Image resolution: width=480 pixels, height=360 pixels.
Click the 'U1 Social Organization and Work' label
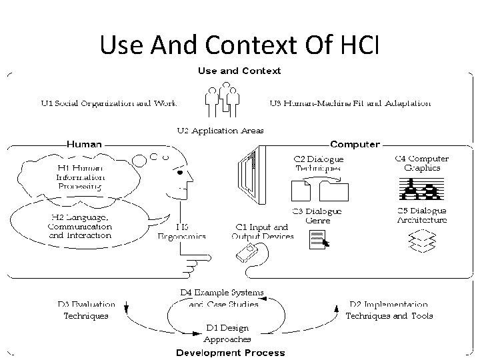tap(109, 103)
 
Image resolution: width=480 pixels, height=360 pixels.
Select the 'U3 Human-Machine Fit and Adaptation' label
tap(350, 103)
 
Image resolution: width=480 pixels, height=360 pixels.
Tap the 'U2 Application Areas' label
tap(220, 131)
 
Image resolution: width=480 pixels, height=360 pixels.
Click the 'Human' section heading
tap(84, 144)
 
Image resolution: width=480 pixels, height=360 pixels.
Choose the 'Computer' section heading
tap(355, 144)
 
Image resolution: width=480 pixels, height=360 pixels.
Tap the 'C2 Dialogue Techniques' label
tap(319, 164)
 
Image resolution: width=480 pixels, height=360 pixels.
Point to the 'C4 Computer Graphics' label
tap(422, 163)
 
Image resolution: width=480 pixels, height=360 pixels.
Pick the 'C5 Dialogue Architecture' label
tap(422, 215)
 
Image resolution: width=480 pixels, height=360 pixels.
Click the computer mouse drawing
tap(246, 253)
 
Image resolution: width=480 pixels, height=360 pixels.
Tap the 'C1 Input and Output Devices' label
tap(263, 231)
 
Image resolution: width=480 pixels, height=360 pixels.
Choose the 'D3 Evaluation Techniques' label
tap(86, 310)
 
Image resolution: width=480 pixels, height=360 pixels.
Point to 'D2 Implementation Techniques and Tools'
tap(389, 310)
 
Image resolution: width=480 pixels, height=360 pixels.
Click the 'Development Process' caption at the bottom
tap(230, 353)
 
